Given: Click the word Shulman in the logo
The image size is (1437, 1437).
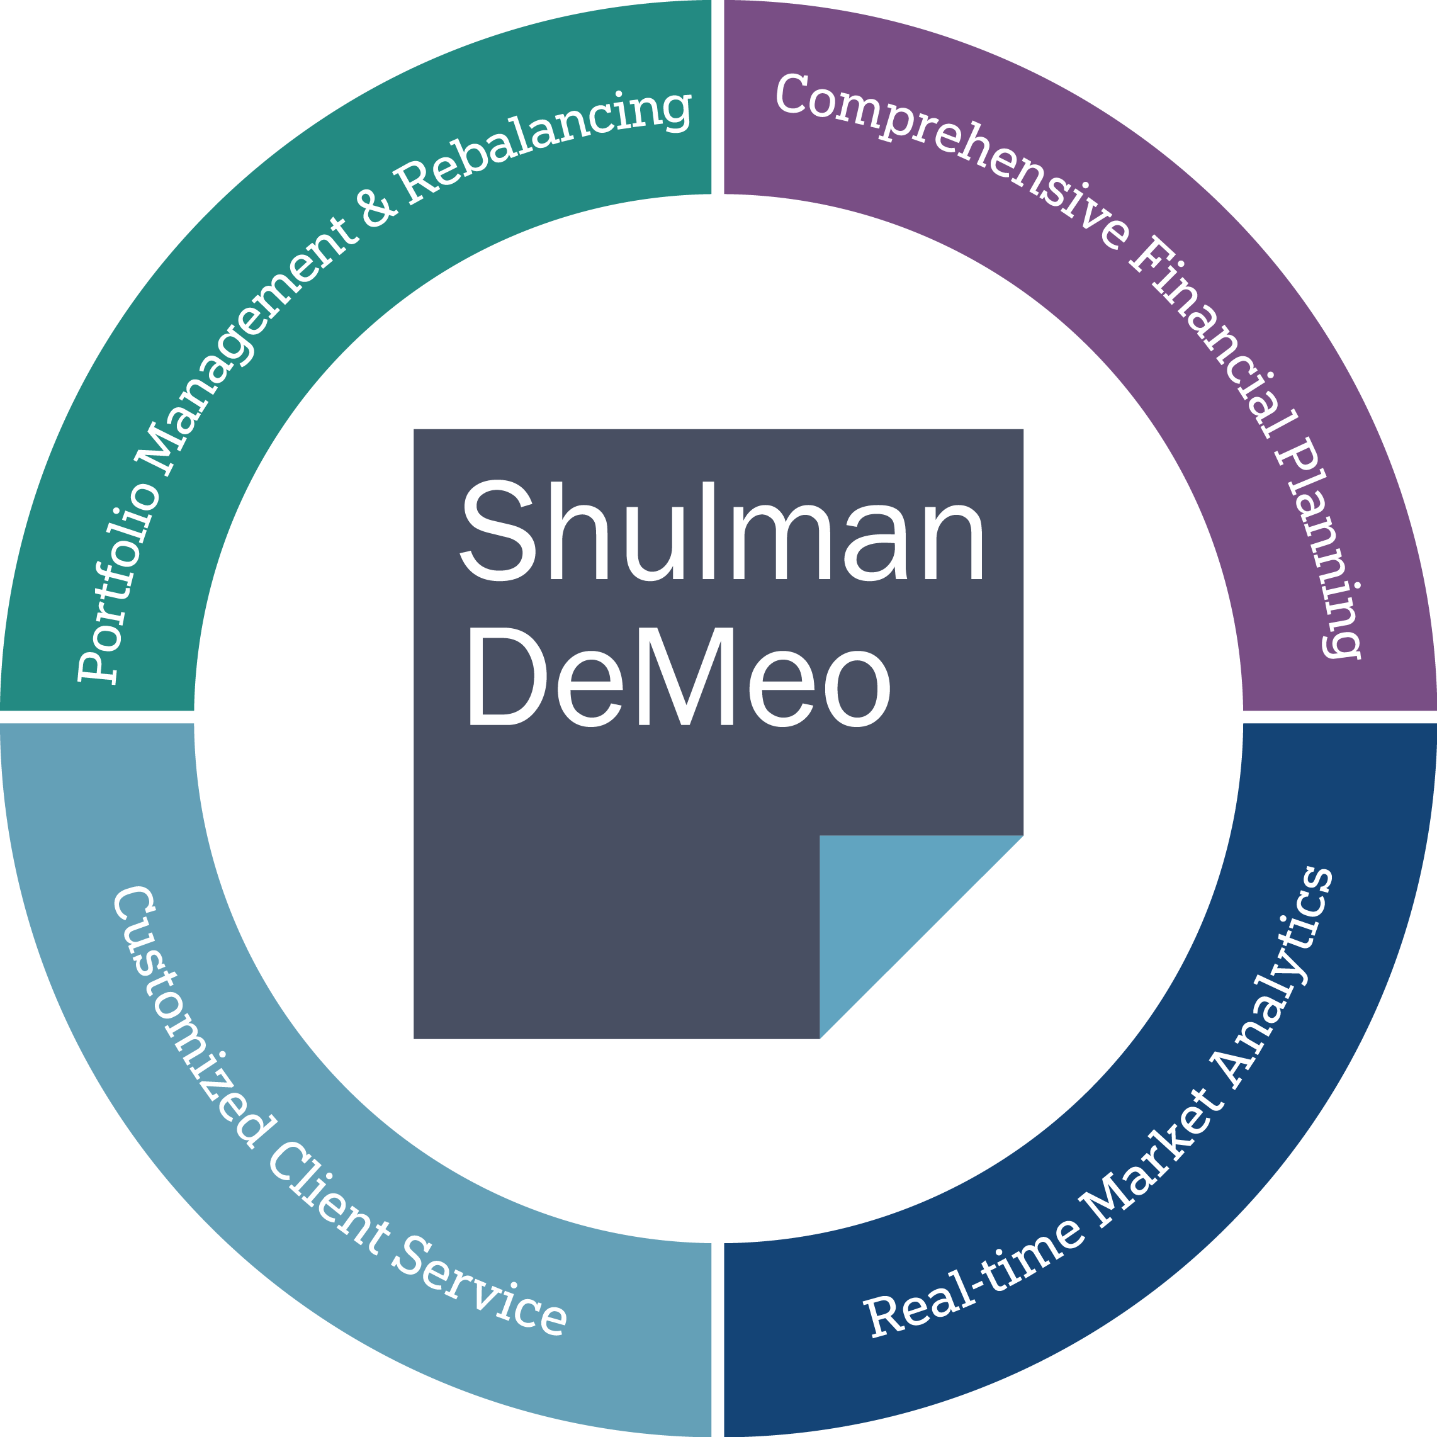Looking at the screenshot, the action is (x=722, y=531).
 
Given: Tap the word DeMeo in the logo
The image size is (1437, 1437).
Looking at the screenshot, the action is (x=679, y=676).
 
